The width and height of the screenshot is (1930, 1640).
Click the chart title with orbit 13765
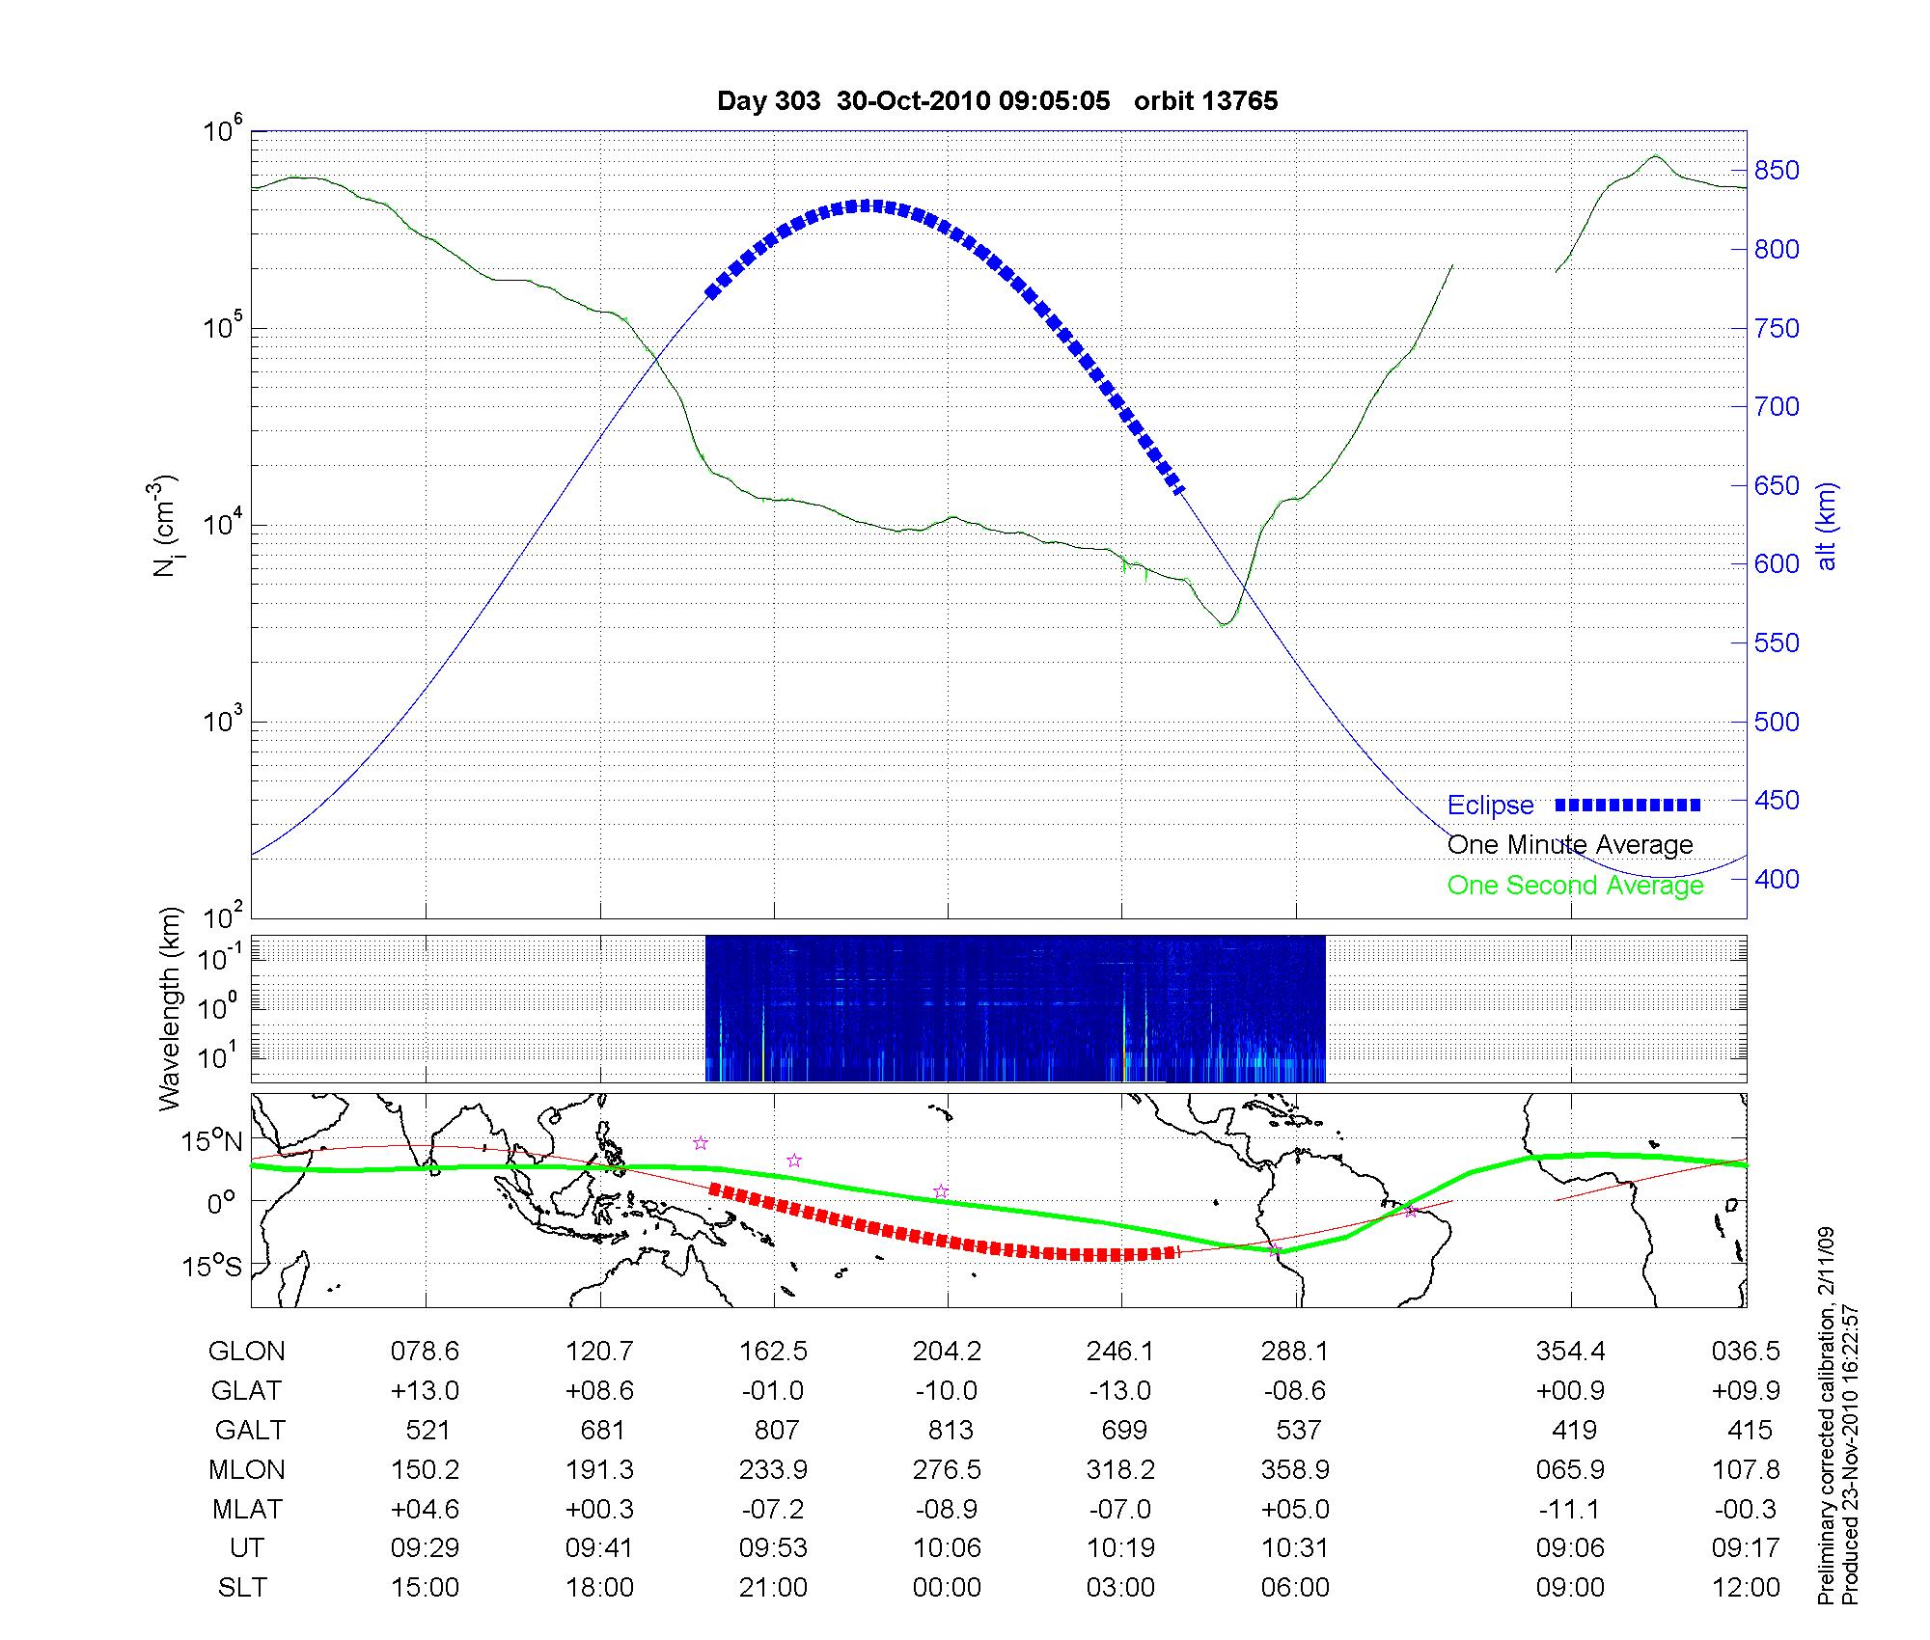point(997,101)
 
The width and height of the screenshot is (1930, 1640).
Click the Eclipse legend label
point(1490,806)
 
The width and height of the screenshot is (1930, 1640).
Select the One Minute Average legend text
point(1570,845)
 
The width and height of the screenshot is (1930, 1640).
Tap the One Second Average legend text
point(1575,886)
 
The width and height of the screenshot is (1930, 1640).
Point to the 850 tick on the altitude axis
point(1777,171)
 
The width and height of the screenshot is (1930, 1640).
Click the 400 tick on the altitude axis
point(1777,879)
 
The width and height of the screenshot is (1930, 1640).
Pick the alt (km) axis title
point(1827,526)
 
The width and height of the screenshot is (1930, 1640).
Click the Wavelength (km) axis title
point(171,1008)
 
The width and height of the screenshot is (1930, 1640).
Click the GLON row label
point(246,1352)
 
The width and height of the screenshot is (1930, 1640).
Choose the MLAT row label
point(247,1509)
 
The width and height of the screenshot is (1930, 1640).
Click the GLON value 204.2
point(947,1352)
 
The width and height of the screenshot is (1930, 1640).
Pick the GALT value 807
point(776,1430)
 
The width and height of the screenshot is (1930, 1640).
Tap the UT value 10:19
point(1120,1548)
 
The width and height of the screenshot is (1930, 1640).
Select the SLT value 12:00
point(1745,1588)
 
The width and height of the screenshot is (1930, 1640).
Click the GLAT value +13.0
point(425,1391)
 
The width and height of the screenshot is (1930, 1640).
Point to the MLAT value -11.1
point(1571,1509)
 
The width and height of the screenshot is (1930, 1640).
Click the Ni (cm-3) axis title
point(166,526)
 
